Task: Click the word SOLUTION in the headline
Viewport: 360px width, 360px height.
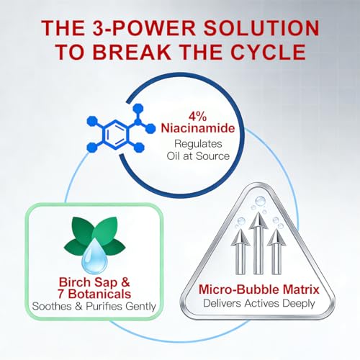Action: [x=261, y=28]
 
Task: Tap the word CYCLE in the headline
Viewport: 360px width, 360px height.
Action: [x=269, y=52]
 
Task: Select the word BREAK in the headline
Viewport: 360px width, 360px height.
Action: [x=132, y=52]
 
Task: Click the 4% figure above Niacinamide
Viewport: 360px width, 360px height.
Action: [x=197, y=117]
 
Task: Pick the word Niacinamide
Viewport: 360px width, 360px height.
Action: [x=198, y=128]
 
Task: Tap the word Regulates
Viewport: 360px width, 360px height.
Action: [x=198, y=144]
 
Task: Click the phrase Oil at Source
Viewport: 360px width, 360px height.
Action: [x=198, y=156]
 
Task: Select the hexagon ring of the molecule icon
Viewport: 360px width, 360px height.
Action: [x=115, y=135]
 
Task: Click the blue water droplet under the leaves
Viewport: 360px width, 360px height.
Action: [x=94, y=256]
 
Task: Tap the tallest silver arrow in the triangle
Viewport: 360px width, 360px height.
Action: [x=258, y=243]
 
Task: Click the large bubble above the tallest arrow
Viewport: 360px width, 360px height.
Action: [x=260, y=201]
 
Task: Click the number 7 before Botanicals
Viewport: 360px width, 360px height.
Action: [x=61, y=294]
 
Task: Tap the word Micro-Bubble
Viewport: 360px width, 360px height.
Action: [x=239, y=289]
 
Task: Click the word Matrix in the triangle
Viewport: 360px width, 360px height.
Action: [x=301, y=289]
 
